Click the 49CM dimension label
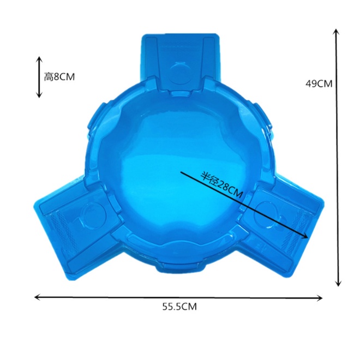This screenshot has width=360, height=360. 319,84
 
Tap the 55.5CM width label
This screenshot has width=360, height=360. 179,307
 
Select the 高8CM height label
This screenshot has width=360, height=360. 59,77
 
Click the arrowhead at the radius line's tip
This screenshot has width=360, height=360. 305,236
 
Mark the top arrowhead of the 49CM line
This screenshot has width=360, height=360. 337,32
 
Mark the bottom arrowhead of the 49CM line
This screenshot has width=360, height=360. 338,283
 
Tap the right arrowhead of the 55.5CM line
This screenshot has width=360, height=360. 320,298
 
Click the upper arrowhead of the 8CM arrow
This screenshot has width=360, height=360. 39,59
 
